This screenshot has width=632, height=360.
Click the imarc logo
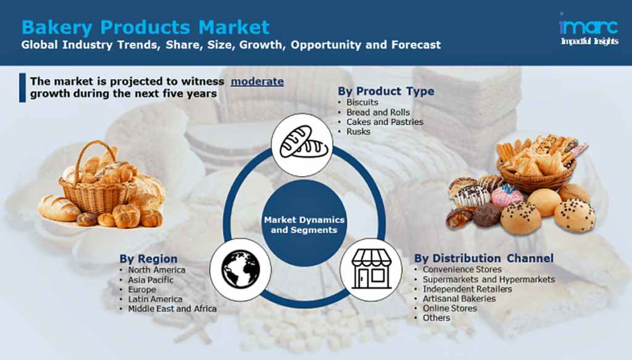[589, 29]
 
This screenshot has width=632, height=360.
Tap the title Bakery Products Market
[146, 27]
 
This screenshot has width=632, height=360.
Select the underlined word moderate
[257, 82]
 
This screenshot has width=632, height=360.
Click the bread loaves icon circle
[302, 144]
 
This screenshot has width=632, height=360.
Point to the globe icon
[241, 269]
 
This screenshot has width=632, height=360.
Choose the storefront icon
[371, 269]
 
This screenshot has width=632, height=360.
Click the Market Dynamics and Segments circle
[304, 224]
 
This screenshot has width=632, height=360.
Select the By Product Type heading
[386, 91]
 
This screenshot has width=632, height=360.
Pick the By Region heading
[148, 259]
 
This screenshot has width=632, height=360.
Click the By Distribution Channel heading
[484, 258]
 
